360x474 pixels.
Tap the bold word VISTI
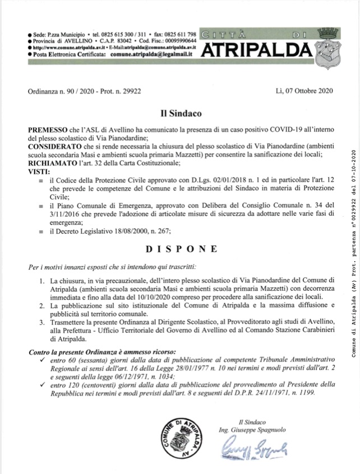click(39, 170)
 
